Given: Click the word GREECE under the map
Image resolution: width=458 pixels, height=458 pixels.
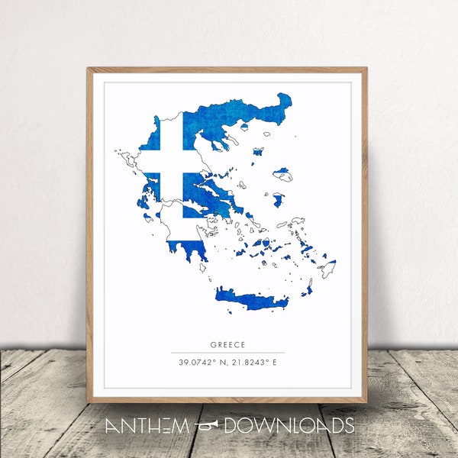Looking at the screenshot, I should (x=228, y=344).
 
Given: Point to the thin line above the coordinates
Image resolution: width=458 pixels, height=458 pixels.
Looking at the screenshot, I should (x=228, y=353).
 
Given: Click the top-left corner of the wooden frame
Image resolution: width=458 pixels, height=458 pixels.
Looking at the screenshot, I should (x=89, y=69).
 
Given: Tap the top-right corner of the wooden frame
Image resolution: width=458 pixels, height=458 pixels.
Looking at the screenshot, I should (x=366, y=69).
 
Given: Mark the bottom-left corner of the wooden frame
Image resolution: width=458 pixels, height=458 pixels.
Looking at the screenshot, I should (x=89, y=402).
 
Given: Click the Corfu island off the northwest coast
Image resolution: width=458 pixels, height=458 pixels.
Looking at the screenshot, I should (x=121, y=155).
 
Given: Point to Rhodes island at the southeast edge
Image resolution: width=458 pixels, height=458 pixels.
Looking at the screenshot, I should (x=327, y=268).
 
